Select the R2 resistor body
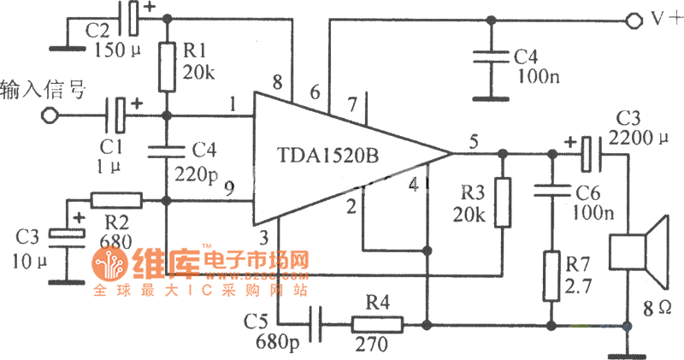[115, 200]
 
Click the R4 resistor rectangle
[376, 325]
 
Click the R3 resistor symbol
[502, 203]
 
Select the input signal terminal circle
[50, 115]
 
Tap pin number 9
[228, 189]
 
